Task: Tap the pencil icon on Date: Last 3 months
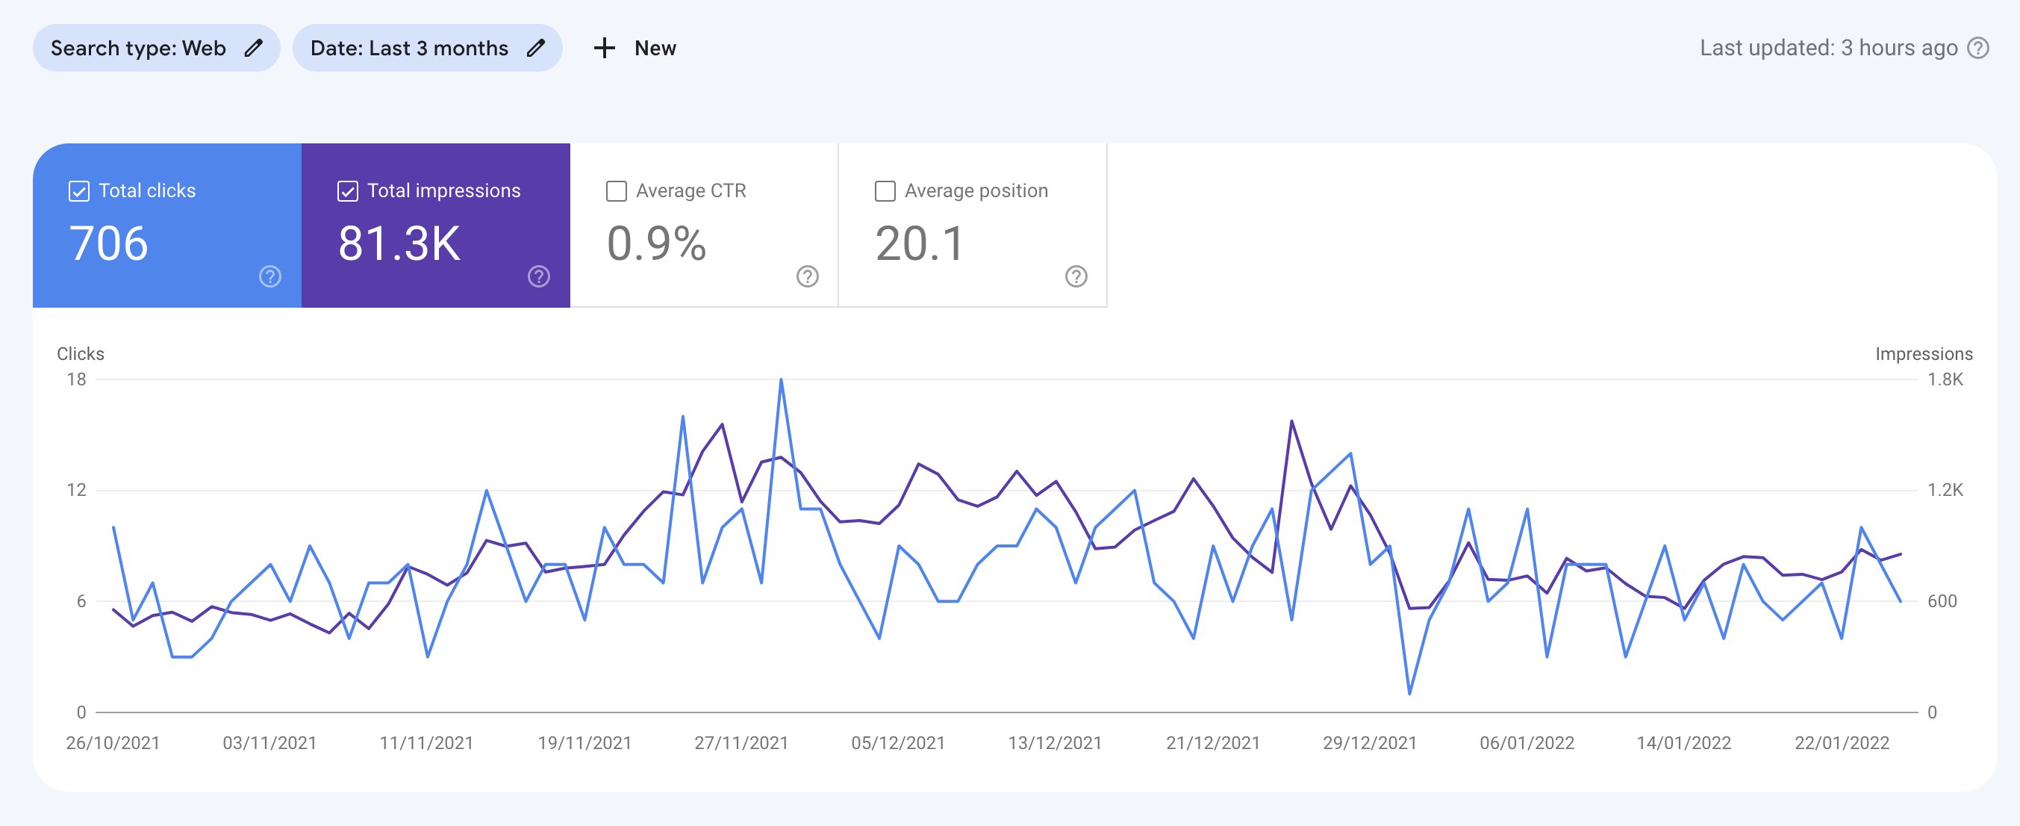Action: [x=535, y=48]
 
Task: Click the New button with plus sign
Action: [x=635, y=48]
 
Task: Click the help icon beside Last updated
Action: [x=1978, y=48]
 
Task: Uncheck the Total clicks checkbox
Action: [x=79, y=190]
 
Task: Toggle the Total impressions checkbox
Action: [x=347, y=190]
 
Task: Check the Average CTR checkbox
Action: [x=617, y=190]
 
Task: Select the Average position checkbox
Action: [x=885, y=190]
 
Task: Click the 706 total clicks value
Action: [x=108, y=243]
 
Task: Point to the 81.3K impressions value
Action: [x=399, y=243]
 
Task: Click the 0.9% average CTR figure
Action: [x=656, y=243]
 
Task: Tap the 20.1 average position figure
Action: [x=919, y=243]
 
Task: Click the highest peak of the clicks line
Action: [x=781, y=380]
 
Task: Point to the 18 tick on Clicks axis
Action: [x=76, y=379]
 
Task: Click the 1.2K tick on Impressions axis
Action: [x=1945, y=490]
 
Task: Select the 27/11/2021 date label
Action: [x=741, y=743]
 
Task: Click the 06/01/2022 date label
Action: [x=1527, y=743]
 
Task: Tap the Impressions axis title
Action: [x=1924, y=354]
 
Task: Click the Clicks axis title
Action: [x=80, y=354]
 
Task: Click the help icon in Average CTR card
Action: [x=808, y=276]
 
